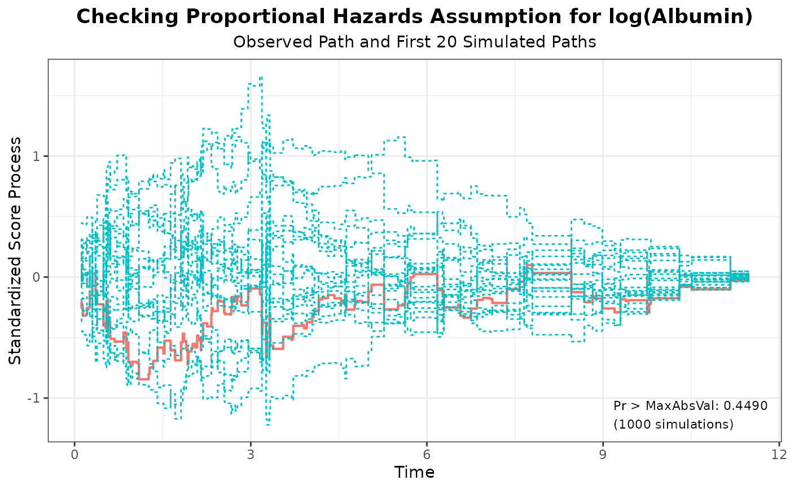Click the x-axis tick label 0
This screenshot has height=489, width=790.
[x=74, y=455]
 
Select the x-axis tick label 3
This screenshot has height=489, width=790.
[x=251, y=455]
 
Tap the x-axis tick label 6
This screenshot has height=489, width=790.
[x=427, y=455]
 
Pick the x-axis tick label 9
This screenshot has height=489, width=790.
[x=603, y=455]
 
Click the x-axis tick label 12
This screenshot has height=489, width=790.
[x=779, y=455]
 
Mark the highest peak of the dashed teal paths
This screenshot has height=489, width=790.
[x=261, y=77]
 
